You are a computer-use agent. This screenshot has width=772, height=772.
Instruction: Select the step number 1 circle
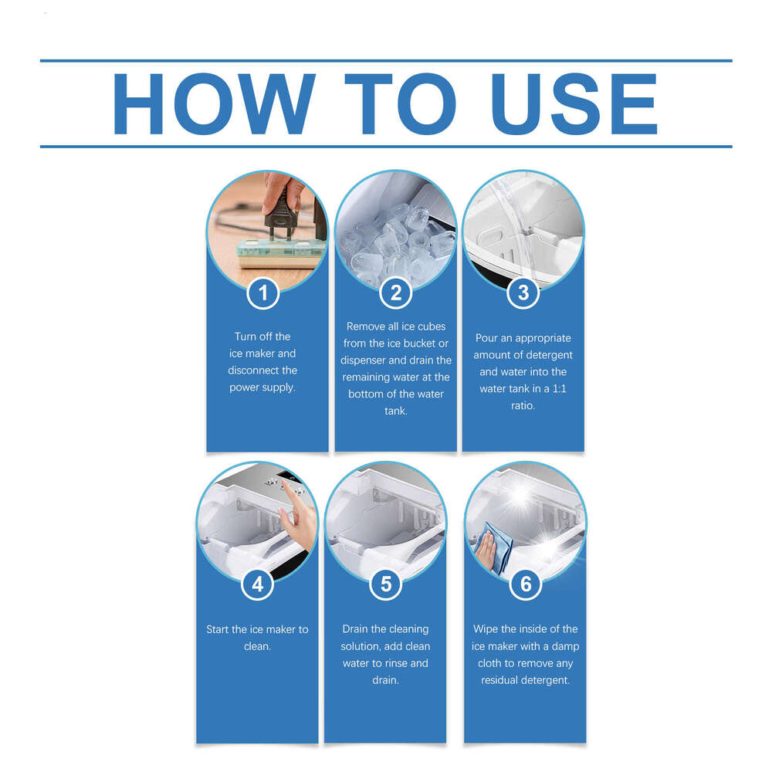(263, 293)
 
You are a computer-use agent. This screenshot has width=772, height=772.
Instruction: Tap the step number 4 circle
(258, 584)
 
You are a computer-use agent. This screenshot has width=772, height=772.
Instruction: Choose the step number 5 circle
(386, 584)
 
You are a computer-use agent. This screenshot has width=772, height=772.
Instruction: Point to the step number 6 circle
(526, 584)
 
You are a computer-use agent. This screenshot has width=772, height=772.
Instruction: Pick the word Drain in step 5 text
(358, 629)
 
